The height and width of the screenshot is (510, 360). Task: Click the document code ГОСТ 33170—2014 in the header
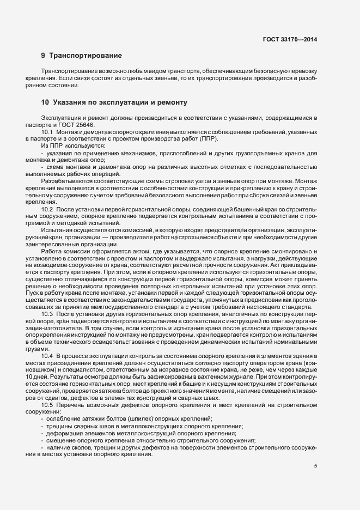pos(289,39)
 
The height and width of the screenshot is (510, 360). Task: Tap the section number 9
pos(43,55)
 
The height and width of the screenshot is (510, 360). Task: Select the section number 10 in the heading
pos(45,102)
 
